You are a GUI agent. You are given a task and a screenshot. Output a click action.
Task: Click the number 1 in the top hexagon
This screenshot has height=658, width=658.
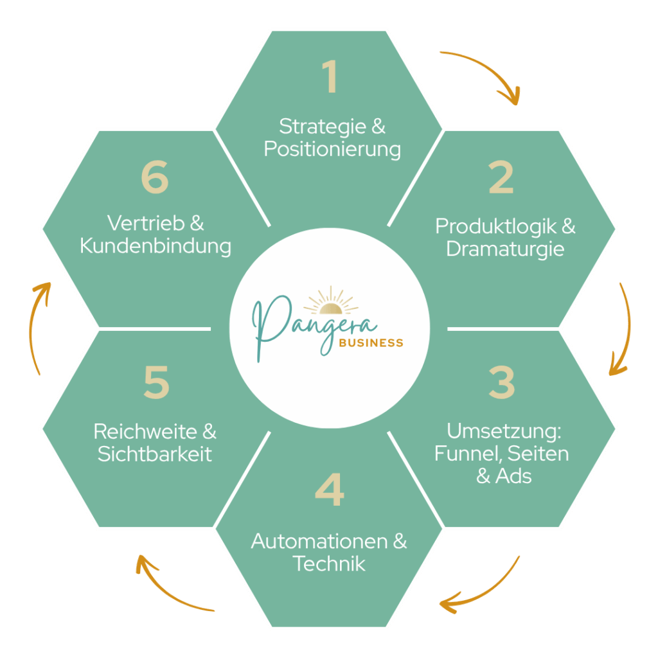pyautogui.click(x=330, y=77)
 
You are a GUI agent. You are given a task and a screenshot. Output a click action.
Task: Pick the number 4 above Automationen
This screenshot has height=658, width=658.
pyautogui.click(x=330, y=491)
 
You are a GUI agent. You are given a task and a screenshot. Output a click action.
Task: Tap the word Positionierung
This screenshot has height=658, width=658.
pyautogui.click(x=332, y=149)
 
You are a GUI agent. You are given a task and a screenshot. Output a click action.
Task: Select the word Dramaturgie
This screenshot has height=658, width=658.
pyautogui.click(x=505, y=249)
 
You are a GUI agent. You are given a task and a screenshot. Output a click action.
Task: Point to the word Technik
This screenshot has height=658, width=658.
pyautogui.click(x=329, y=564)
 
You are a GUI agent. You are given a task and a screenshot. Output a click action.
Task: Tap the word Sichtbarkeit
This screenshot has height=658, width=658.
pyautogui.click(x=155, y=454)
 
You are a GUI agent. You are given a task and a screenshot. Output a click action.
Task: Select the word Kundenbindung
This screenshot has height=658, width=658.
pyautogui.click(x=156, y=246)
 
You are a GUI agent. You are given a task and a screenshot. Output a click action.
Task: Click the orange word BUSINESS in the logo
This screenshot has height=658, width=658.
pyautogui.click(x=371, y=342)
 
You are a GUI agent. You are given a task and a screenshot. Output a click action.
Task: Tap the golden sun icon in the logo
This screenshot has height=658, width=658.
pyautogui.click(x=330, y=301)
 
